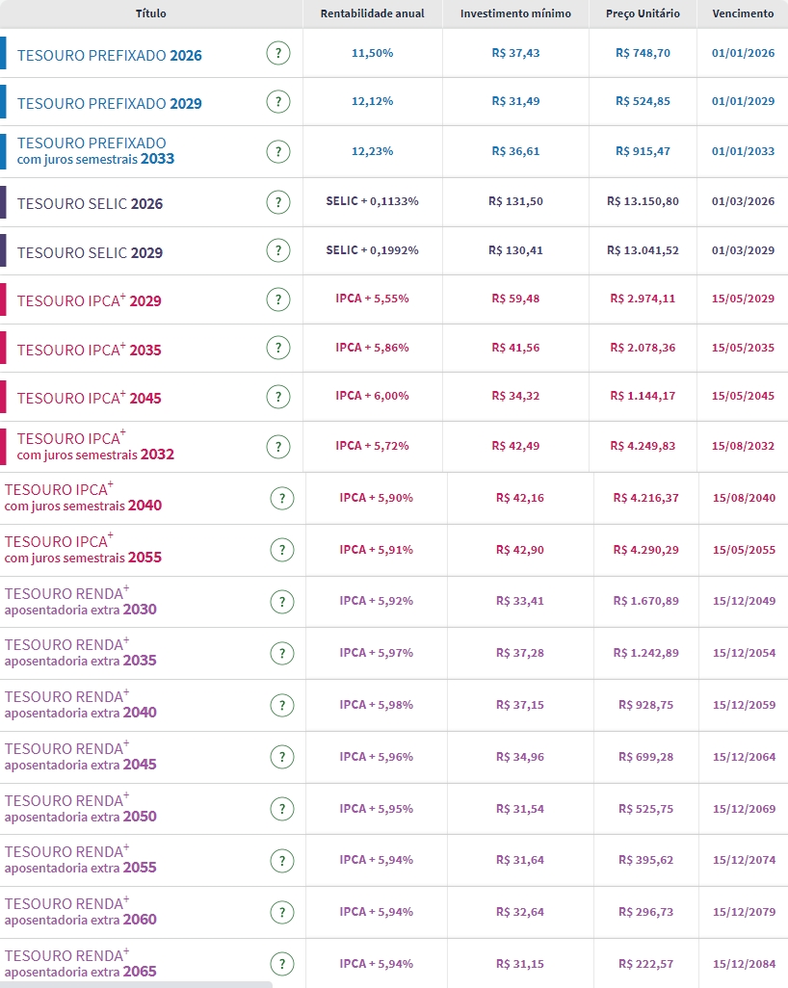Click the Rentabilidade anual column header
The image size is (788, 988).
pos(371,13)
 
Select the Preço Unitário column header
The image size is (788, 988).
pos(643,13)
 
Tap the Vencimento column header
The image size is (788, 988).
pos(743,13)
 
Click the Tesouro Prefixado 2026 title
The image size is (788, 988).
pos(110,55)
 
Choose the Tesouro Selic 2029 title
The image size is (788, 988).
pos(90,252)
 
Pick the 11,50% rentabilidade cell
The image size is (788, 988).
pos(372,53)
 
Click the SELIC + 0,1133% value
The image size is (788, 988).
pos(372,201)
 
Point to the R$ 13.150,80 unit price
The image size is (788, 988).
pos(643,201)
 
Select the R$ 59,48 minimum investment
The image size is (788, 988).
pos(515,299)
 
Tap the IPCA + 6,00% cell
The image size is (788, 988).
pos(372,396)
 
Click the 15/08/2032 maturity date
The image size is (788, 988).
pos(743,446)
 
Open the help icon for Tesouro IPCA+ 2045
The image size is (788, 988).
pos(278,397)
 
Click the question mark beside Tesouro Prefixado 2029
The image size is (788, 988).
pos(278,102)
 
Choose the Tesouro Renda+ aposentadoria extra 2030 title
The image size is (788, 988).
pos(80,601)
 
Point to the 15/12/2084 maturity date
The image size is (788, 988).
pos(744,964)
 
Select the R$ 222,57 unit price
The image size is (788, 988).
pos(646,964)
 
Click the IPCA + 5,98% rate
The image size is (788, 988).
pos(376,705)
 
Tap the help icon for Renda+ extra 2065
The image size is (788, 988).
pos(282,964)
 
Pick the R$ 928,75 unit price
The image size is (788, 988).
pos(646,705)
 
